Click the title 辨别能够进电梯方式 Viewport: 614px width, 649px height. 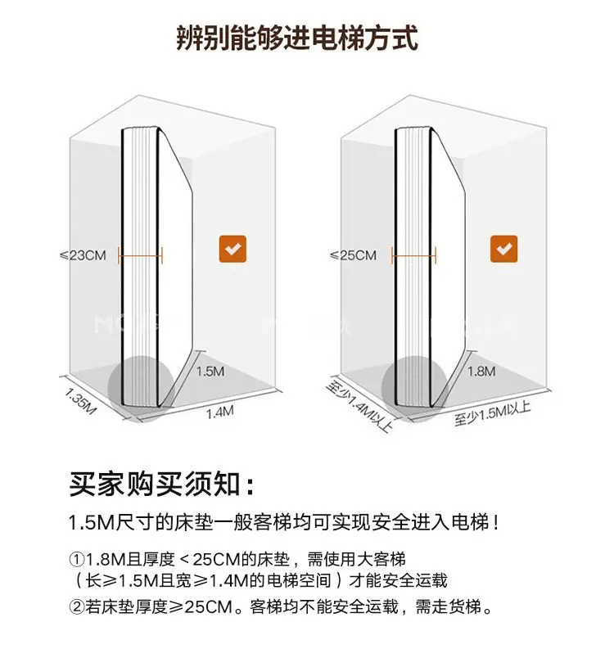click(298, 38)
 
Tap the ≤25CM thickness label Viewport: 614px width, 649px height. click(354, 255)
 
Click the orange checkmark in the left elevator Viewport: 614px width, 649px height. click(233, 248)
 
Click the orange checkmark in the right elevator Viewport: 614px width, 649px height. click(503, 248)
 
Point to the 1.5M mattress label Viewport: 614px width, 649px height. click(210, 371)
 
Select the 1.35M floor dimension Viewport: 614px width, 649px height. click(80, 400)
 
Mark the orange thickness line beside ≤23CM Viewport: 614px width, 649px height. click(140, 255)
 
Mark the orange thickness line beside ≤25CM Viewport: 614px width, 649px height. click(414, 255)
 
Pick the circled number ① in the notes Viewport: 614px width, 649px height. click(76, 560)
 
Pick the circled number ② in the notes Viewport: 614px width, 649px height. click(76, 607)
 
